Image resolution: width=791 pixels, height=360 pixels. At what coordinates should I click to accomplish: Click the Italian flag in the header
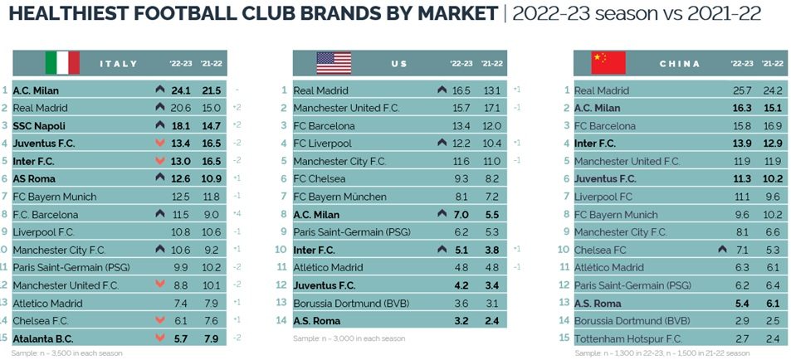pyautogui.click(x=62, y=63)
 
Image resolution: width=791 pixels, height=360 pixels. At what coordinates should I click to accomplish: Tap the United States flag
pyautogui.click(x=334, y=63)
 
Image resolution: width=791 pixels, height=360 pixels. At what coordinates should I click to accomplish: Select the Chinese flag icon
pyautogui.click(x=608, y=63)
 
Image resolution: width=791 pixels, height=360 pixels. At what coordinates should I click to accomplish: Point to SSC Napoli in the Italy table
pyautogui.click(x=39, y=125)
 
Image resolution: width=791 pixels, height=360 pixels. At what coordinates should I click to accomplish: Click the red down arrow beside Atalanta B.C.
pyautogui.click(x=160, y=338)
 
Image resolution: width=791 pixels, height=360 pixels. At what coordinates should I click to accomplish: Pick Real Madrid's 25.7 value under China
pyautogui.click(x=742, y=90)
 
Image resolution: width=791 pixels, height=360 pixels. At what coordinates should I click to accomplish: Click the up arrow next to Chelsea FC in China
pyautogui.click(x=722, y=249)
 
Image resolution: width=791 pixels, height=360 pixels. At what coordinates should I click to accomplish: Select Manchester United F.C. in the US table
pyautogui.click(x=346, y=108)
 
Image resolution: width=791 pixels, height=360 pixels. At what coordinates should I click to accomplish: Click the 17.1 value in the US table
pyautogui.click(x=492, y=108)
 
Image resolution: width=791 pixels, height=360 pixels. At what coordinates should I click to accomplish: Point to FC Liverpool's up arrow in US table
pyautogui.click(x=442, y=144)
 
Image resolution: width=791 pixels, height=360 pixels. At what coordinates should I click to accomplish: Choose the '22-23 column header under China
pyautogui.click(x=742, y=64)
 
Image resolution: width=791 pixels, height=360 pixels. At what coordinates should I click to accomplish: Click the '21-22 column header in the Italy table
pyautogui.click(x=210, y=64)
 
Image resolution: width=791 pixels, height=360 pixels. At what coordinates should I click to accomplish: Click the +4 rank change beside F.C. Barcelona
pyautogui.click(x=236, y=214)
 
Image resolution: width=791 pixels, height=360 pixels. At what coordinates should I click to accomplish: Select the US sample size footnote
pyautogui.click(x=349, y=338)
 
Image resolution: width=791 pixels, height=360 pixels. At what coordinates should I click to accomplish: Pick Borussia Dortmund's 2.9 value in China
pyautogui.click(x=742, y=320)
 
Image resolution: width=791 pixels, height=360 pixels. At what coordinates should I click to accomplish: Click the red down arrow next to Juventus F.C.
pyautogui.click(x=160, y=144)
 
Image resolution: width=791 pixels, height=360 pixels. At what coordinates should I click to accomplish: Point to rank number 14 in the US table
pyautogui.click(x=281, y=320)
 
